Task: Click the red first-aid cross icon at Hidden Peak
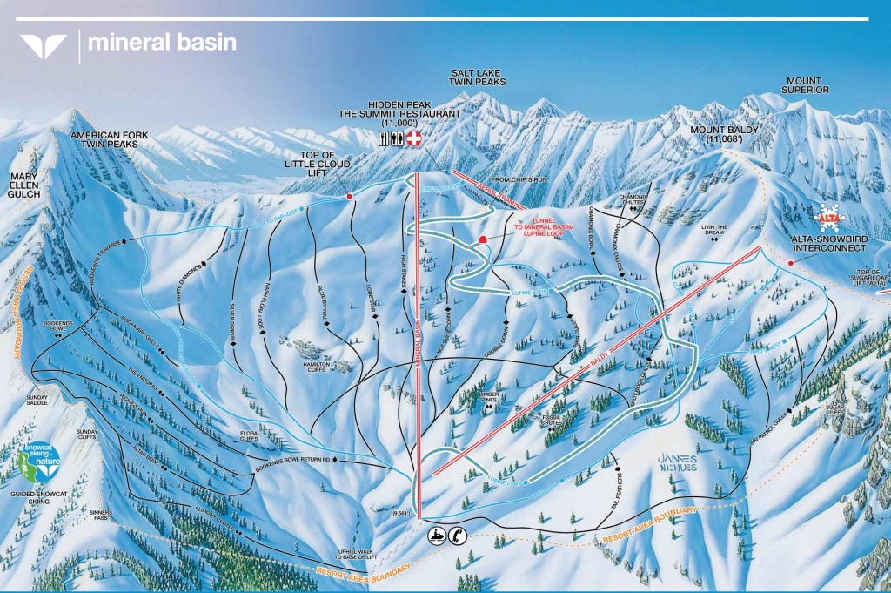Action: (415, 139)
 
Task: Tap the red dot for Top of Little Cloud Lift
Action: (349, 197)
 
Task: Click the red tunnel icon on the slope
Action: (483, 239)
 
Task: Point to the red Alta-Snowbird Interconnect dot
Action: (790, 263)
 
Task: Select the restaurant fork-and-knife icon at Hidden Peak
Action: (385, 139)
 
